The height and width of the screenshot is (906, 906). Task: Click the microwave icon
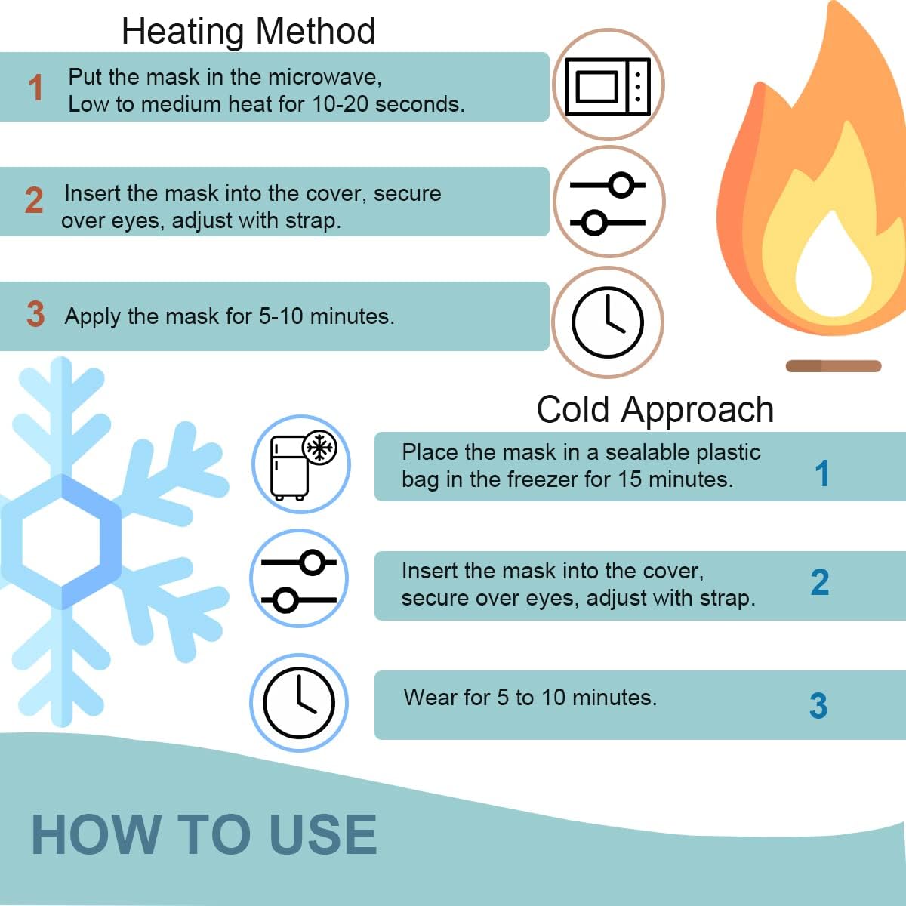point(608,87)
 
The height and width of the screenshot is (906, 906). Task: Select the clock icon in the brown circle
point(608,322)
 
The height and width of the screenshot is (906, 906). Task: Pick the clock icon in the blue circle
point(298,703)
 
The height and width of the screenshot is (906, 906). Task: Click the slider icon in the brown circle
point(608,204)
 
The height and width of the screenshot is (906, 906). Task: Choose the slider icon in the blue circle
point(299,581)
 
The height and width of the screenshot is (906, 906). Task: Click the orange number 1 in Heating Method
point(35,88)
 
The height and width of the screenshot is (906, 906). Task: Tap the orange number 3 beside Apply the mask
point(35,314)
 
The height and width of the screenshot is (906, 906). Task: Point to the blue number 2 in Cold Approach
point(820,582)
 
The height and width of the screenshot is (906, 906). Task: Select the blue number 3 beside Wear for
point(818,706)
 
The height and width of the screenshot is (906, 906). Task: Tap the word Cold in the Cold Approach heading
point(573,409)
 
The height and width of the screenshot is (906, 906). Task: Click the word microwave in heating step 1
point(323,77)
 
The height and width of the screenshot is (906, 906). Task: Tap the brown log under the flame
point(834,365)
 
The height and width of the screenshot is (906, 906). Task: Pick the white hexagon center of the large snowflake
point(62,542)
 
